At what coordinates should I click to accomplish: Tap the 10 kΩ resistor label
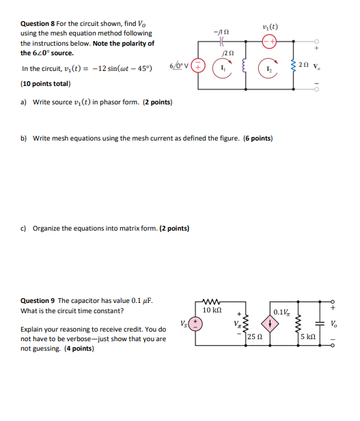click(x=213, y=310)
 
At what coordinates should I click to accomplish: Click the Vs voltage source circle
click(x=195, y=323)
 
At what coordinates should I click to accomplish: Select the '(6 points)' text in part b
click(x=258, y=138)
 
